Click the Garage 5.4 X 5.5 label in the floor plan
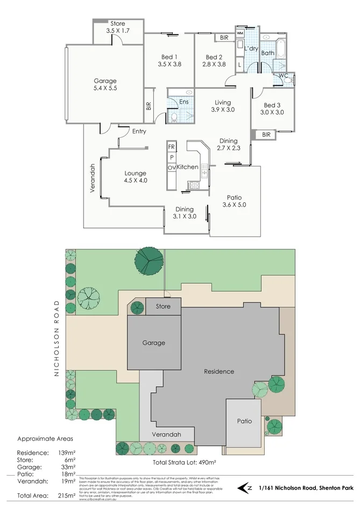point(105,85)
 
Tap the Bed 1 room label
point(169,57)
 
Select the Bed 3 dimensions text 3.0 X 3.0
point(273,112)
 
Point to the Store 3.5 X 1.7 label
point(117,27)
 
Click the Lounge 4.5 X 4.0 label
point(136,177)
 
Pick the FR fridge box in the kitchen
point(172,147)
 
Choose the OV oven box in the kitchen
point(172,168)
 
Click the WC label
point(283,76)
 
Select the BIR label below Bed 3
point(266,135)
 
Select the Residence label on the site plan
point(219,371)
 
